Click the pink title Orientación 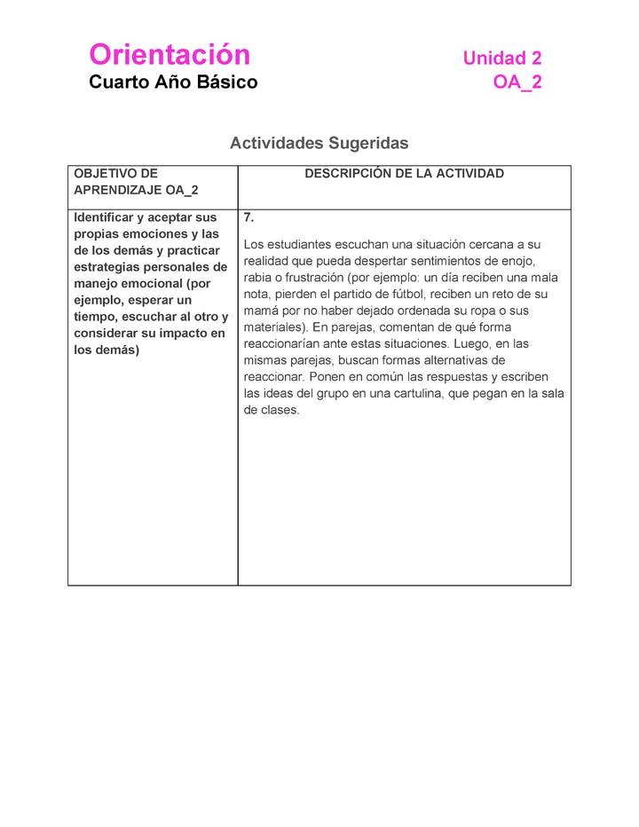170,55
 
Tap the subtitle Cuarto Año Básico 173,83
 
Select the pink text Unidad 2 501,59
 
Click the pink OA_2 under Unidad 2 517,83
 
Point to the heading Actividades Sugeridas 319,143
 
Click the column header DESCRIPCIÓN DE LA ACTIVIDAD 404,174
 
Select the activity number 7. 249,217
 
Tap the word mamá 263,311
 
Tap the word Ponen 327,377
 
